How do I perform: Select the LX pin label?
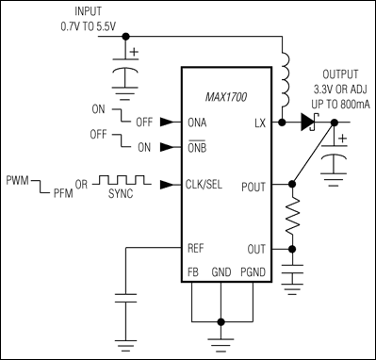point(260,123)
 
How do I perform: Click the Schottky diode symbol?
point(307,123)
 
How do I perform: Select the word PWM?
point(18,177)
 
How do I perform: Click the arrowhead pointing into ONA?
point(167,123)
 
